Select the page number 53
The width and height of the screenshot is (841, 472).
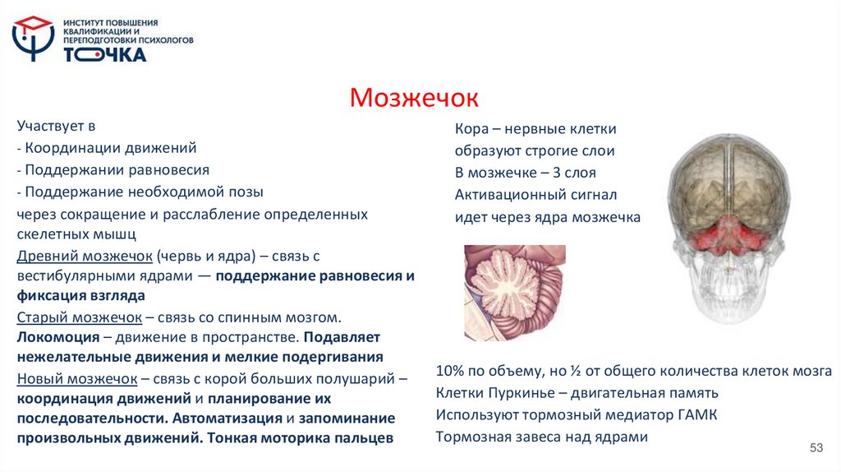[x=816, y=447]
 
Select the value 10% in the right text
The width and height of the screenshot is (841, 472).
[x=452, y=371]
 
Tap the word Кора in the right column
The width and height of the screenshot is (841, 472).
[x=473, y=129]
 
